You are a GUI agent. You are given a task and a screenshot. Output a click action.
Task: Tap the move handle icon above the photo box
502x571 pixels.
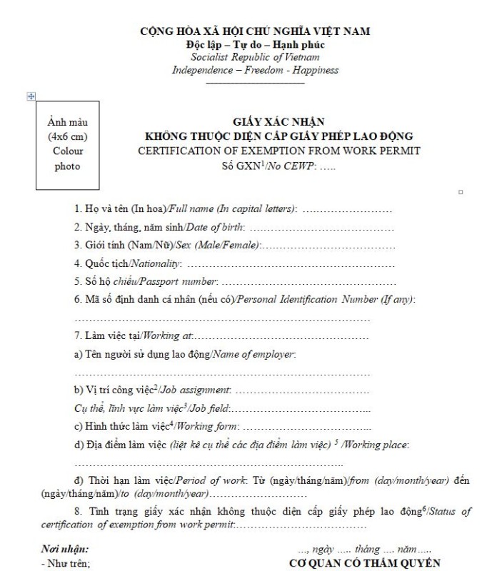point(31,96)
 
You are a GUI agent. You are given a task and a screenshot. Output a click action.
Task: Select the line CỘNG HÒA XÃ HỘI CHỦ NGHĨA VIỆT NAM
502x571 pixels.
point(255,31)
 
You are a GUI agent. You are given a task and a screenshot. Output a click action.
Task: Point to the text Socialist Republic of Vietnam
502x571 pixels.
point(255,57)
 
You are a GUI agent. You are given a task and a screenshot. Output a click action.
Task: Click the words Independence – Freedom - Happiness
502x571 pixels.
point(255,70)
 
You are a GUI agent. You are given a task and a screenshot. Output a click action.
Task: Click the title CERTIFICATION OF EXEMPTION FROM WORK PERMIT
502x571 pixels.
point(278,151)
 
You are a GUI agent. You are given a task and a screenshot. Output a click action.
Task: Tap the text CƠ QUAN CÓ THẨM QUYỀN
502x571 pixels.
point(365,563)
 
